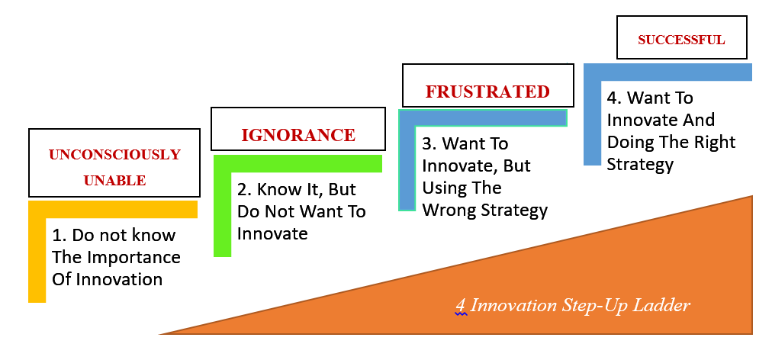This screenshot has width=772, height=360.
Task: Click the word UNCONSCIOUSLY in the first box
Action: point(114,155)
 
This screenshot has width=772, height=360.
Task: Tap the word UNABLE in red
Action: point(114,181)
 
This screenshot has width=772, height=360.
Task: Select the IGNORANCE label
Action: point(298,135)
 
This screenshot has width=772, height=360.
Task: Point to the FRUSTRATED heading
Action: point(487,92)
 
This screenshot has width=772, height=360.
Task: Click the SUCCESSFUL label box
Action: point(681,37)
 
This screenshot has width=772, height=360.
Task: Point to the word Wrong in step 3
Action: point(449,211)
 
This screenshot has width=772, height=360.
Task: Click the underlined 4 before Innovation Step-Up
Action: point(460,306)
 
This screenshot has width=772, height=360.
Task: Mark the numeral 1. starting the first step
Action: point(59,236)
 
